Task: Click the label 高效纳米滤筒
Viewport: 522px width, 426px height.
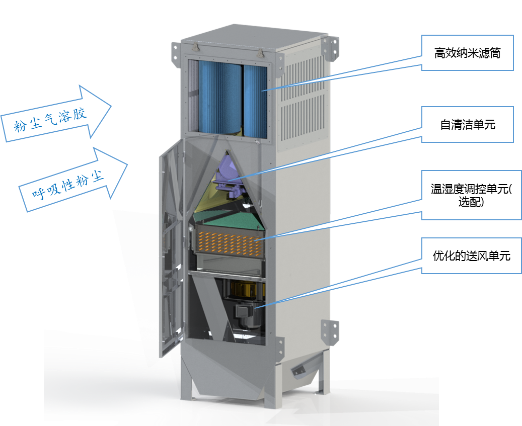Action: [x=467, y=53]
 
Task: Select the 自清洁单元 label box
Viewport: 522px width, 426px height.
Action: [x=467, y=124]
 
